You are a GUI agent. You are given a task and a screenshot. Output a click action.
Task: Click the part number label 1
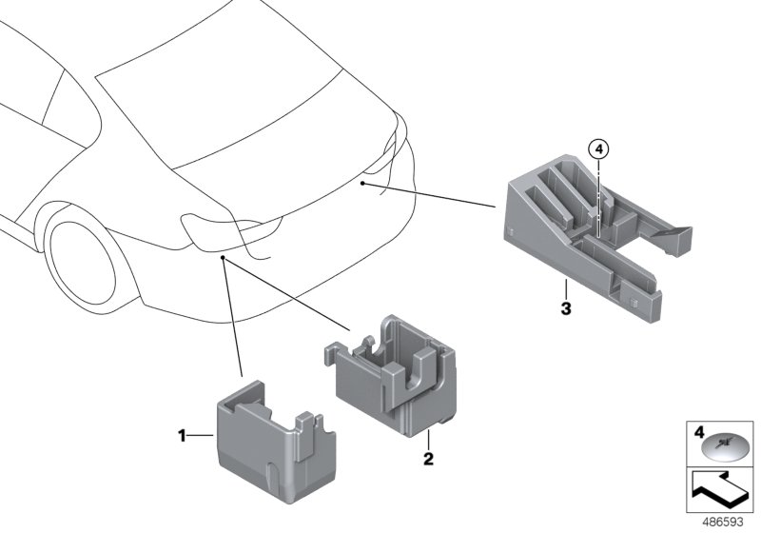point(180,437)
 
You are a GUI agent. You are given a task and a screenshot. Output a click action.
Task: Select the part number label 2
point(428,459)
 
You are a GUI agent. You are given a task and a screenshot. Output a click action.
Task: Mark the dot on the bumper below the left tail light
point(222,257)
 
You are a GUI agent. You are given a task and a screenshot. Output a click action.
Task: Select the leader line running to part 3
point(428,191)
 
